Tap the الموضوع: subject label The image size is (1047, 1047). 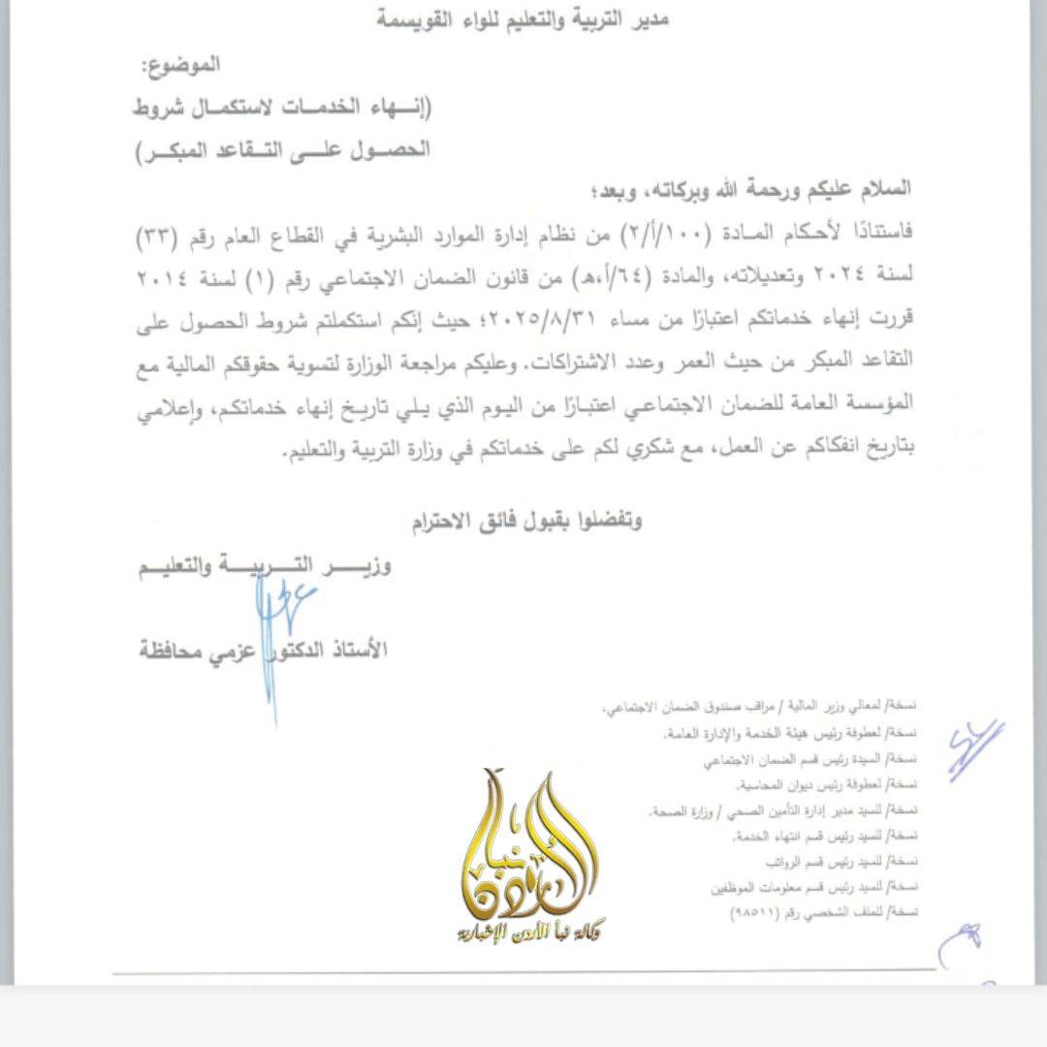pyautogui.click(x=182, y=67)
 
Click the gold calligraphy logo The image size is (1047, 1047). pyautogui.click(x=528, y=843)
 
